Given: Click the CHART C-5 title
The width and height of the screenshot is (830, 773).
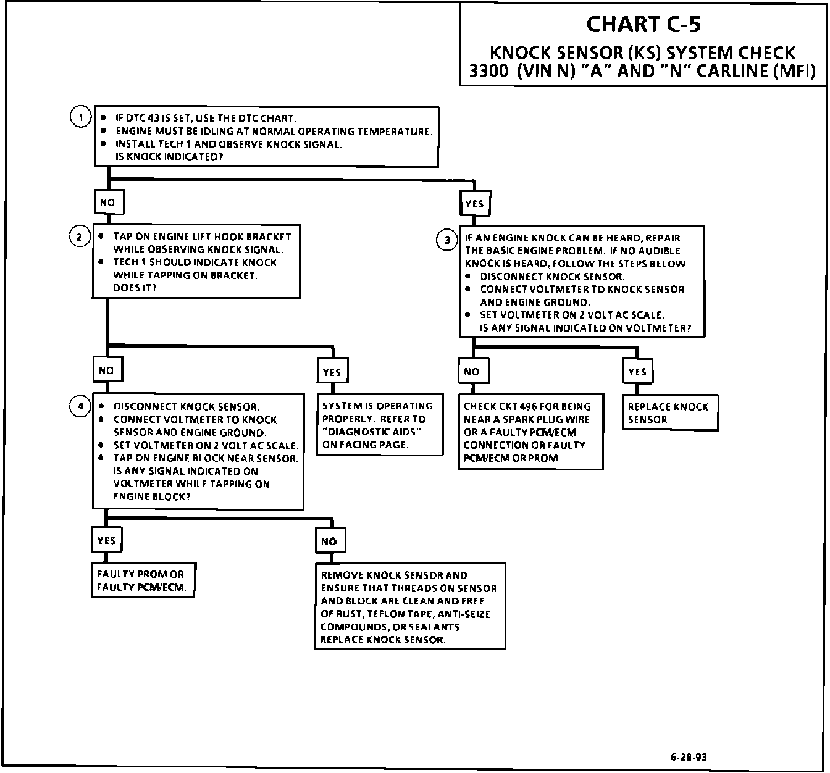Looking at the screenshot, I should pyautogui.click(x=643, y=24).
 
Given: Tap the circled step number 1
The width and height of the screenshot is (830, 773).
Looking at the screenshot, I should pyautogui.click(x=80, y=116).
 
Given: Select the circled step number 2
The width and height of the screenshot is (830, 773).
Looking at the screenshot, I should pyautogui.click(x=79, y=236).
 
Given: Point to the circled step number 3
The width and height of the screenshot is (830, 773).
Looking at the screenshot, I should pyautogui.click(x=446, y=240).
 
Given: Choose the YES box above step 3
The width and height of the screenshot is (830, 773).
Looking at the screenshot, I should pyautogui.click(x=474, y=204).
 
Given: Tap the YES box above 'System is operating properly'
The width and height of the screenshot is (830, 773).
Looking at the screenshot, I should pyautogui.click(x=332, y=372).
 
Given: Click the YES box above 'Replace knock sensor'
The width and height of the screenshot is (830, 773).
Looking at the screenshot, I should pyautogui.click(x=637, y=372).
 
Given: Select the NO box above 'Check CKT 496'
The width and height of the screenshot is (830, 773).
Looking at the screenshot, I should pyautogui.click(x=471, y=371).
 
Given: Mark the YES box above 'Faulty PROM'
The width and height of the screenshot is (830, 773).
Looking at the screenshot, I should pyautogui.click(x=106, y=540).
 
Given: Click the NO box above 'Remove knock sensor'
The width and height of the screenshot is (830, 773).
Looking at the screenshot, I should pyautogui.click(x=329, y=541).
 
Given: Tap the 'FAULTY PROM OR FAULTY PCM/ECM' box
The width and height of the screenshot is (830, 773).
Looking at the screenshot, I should pyautogui.click(x=142, y=580).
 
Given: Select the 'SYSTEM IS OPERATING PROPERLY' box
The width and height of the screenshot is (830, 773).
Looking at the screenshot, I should pyautogui.click(x=379, y=425).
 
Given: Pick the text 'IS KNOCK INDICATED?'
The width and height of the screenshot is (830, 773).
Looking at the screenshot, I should pyautogui.click(x=169, y=157).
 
